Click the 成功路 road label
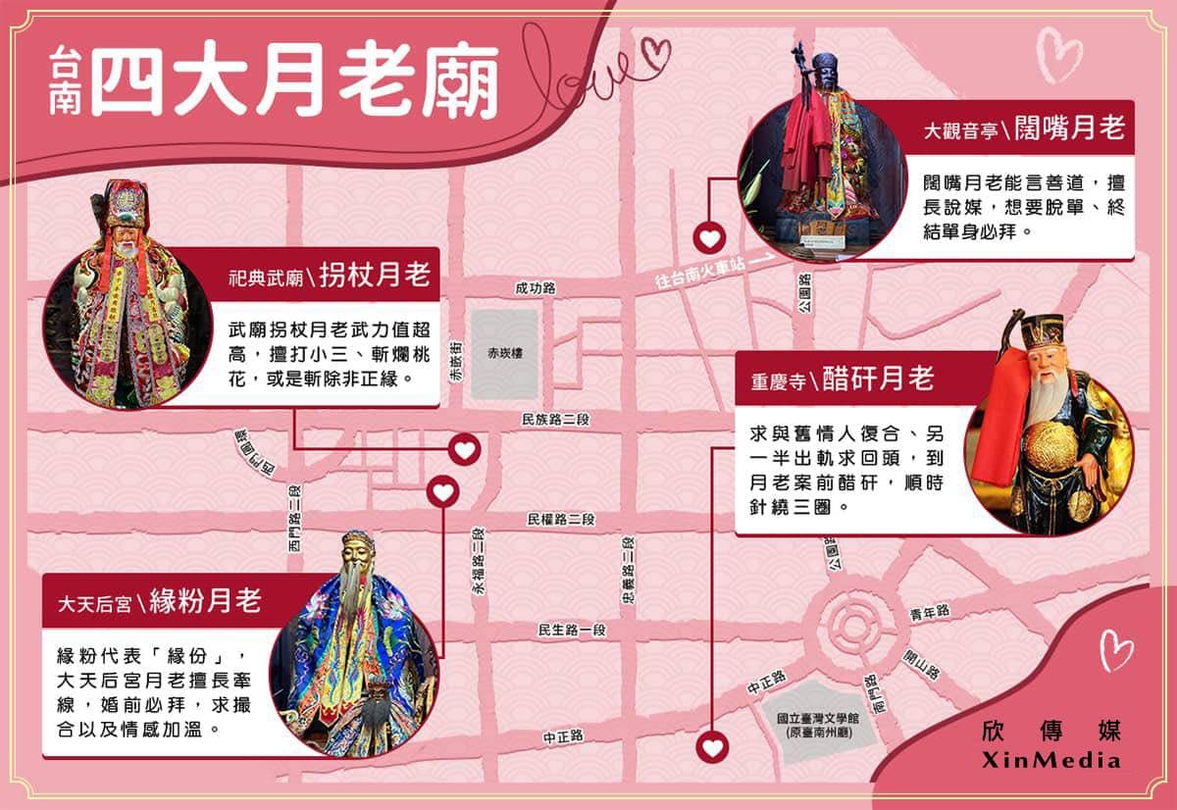[x=535, y=288]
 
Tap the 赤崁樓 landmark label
[x=505, y=353]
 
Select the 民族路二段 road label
[x=555, y=419]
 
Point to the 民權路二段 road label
[x=561, y=519]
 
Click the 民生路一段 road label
[x=572, y=630]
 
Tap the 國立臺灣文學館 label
[x=818, y=718]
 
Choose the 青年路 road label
[x=930, y=613]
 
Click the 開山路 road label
[x=921, y=664]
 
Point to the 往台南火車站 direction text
[x=700, y=273]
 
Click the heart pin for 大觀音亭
[x=709, y=239]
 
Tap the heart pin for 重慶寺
[x=712, y=747]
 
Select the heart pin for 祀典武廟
[x=465, y=450]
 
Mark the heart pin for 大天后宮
[x=443, y=491]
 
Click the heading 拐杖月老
[x=375, y=275]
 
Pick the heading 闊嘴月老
[x=1069, y=127]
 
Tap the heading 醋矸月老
[x=878, y=379]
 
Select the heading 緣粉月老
[x=206, y=600]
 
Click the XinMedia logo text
[x=1050, y=761]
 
